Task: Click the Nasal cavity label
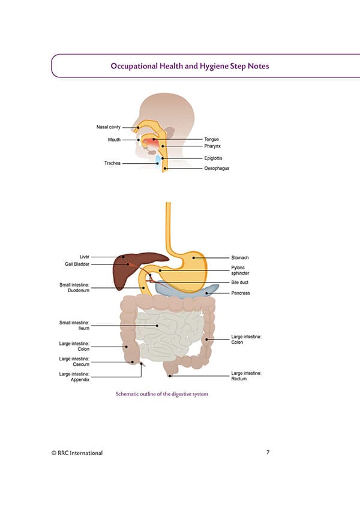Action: (108, 127)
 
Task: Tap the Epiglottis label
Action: (214, 158)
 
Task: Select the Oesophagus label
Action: (217, 169)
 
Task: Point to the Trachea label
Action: (112, 163)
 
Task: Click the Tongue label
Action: (211, 139)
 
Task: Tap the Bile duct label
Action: (239, 282)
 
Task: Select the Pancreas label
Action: (240, 293)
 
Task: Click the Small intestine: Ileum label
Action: (74, 326)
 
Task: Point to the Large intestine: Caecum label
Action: (74, 361)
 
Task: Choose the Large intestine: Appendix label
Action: (74, 377)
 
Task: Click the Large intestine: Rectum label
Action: (246, 376)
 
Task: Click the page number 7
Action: (267, 452)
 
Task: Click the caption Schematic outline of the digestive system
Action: (161, 394)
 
